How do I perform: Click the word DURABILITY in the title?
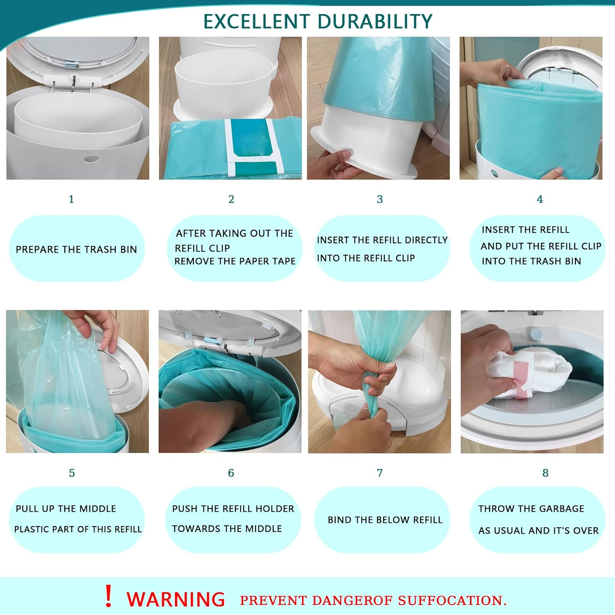[375, 21]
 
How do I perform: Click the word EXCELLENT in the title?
[257, 21]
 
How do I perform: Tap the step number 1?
[71, 199]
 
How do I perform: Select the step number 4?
[540, 199]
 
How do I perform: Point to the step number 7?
[380, 473]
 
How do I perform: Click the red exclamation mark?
[108, 597]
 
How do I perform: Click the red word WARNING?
[175, 599]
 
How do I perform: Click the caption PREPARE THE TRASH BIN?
[76, 249]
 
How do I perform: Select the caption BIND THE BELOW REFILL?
[385, 520]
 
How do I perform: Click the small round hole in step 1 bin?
[91, 159]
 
